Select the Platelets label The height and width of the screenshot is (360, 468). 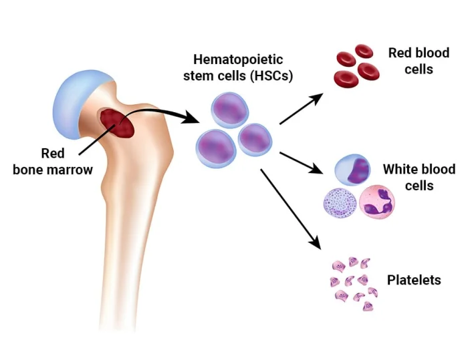pos(414,280)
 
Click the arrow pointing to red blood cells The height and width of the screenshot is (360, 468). pos(301,109)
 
